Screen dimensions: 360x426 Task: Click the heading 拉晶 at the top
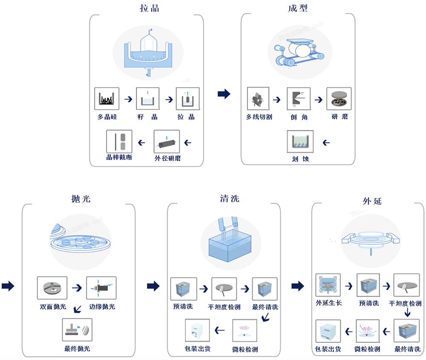click(150, 8)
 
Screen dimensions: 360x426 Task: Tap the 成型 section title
click(298, 8)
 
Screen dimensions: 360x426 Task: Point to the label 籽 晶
click(147, 117)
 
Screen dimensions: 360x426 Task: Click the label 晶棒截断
click(119, 157)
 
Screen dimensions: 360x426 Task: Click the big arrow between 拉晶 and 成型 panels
click(224, 94)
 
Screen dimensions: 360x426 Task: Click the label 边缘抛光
click(102, 306)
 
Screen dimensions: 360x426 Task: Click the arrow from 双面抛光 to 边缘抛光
click(77, 288)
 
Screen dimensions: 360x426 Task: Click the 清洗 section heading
click(230, 199)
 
